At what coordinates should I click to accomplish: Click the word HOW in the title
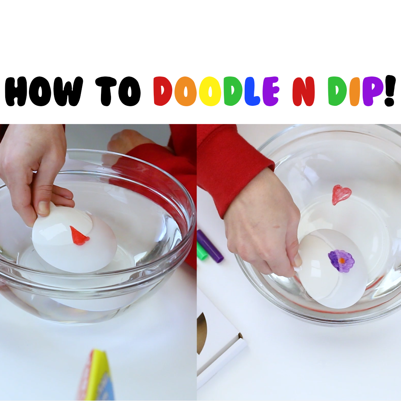(44, 91)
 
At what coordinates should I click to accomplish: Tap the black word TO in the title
(118, 91)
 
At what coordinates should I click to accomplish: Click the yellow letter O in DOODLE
(210, 91)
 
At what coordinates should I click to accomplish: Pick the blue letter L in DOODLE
(252, 91)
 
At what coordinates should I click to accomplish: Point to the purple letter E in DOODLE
(271, 91)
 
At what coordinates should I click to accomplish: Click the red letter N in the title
(304, 91)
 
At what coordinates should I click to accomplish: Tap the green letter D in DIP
(339, 91)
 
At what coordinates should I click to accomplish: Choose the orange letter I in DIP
(355, 91)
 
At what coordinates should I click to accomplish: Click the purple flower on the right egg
(341, 261)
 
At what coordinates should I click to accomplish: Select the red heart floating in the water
(341, 195)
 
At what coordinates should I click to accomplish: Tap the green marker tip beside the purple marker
(202, 251)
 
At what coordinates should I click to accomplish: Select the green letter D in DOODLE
(233, 91)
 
